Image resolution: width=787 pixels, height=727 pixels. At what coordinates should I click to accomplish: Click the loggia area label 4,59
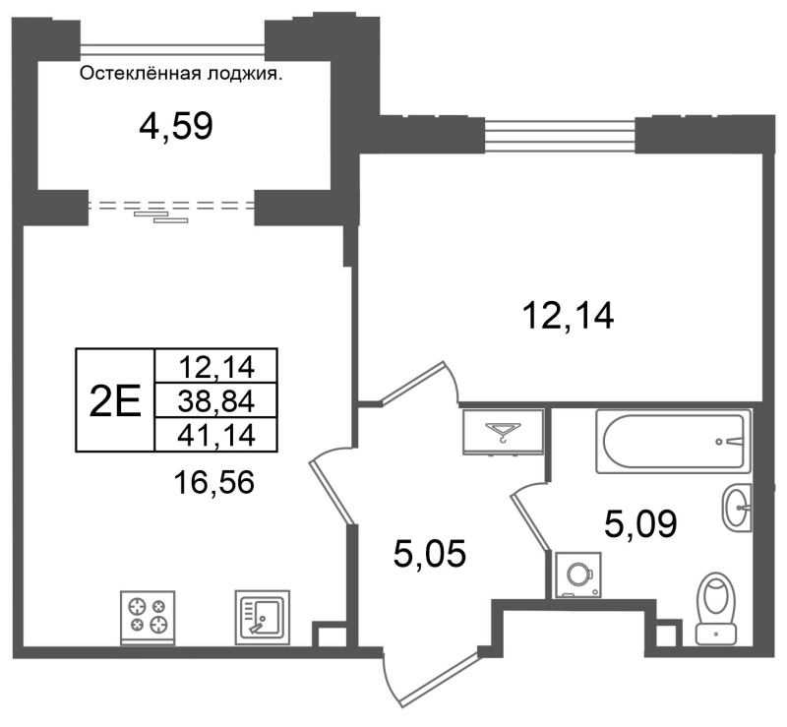(x=176, y=126)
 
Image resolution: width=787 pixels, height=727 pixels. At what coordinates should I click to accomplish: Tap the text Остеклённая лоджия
(x=181, y=75)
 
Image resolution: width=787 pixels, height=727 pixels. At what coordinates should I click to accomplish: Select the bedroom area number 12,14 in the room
(x=568, y=317)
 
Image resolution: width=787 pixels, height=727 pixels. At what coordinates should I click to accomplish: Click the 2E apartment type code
(x=115, y=401)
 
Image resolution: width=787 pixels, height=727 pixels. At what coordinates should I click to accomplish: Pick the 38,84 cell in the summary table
(x=216, y=400)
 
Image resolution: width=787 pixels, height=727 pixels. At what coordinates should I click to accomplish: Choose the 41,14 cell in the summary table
(x=216, y=435)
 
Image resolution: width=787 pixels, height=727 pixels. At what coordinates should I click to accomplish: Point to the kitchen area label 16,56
(x=213, y=483)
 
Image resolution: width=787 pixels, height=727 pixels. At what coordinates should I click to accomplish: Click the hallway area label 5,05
(x=430, y=554)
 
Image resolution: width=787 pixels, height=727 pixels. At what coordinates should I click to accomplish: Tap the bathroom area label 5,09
(x=640, y=524)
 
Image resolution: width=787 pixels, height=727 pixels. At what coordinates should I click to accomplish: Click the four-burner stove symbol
(x=148, y=618)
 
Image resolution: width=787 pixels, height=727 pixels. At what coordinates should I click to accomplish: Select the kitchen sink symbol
(x=263, y=618)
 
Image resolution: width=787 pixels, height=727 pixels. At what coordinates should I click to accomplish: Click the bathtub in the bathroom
(x=674, y=442)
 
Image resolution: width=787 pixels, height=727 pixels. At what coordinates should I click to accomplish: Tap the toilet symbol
(x=716, y=608)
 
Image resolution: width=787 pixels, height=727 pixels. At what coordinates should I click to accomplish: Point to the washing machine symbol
(x=577, y=575)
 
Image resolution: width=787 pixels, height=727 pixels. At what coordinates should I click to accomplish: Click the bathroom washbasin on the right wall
(x=737, y=508)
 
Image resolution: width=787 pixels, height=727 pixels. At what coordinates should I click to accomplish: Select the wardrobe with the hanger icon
(x=504, y=432)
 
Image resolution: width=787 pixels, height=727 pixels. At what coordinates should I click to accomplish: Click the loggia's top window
(x=172, y=49)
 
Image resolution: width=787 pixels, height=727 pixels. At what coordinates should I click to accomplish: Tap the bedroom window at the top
(x=560, y=135)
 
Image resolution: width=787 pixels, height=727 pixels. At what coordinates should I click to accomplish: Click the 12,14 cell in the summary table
(x=216, y=367)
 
